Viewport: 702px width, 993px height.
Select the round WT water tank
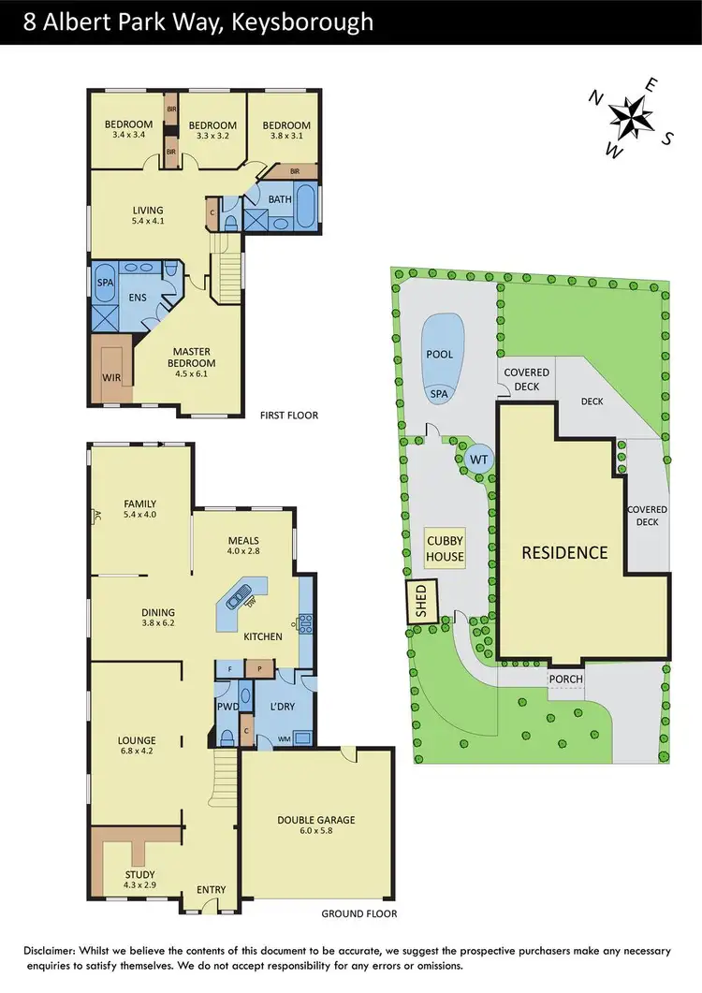coord(478,460)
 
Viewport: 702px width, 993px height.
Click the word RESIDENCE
coord(564,552)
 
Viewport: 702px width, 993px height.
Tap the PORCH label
coord(565,679)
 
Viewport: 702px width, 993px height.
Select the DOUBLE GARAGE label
coord(315,821)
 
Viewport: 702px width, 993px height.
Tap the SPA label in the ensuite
coord(105,280)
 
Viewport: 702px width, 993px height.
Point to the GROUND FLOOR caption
coord(358,913)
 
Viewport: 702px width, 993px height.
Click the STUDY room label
coord(141,875)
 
